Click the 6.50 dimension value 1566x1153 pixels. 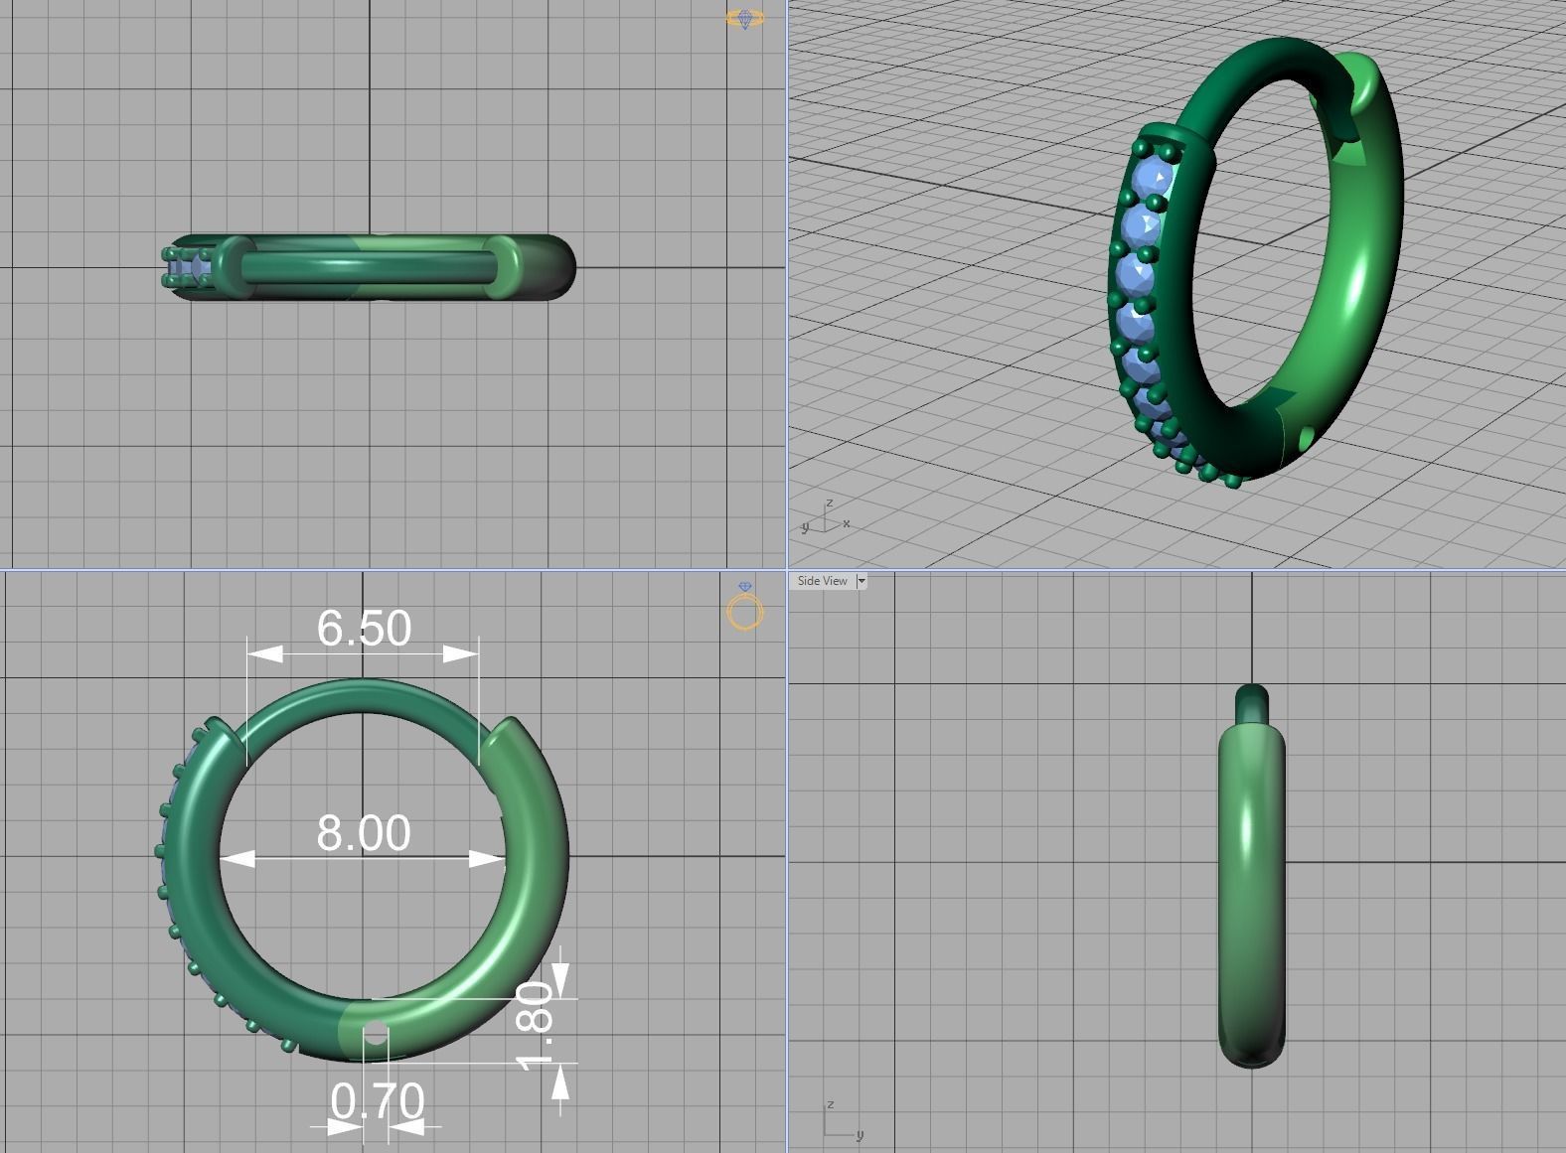pos(364,628)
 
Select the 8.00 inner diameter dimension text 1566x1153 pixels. pos(364,833)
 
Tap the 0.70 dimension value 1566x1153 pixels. pos(378,1100)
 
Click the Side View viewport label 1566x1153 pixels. pos(822,581)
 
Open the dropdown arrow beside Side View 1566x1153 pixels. pos(861,581)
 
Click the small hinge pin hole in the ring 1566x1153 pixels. pos(375,1035)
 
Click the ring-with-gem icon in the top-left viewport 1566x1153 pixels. pos(745,18)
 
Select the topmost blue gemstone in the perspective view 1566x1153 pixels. pos(1154,180)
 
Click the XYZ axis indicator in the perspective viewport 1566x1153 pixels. pos(825,518)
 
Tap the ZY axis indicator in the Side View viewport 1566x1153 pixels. pos(840,1122)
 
